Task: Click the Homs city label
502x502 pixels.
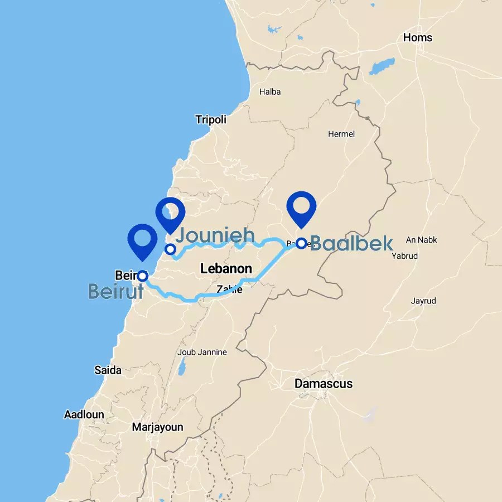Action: tap(418, 38)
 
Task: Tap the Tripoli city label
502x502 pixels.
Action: tap(211, 120)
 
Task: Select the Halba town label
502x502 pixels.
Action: tap(270, 92)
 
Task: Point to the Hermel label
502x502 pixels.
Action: tap(341, 134)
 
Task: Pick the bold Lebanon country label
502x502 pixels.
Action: tap(226, 269)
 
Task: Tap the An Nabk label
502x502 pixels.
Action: tap(422, 240)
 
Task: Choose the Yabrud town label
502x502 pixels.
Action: tap(420, 256)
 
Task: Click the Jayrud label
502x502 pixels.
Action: tap(423, 301)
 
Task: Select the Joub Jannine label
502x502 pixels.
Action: tap(202, 352)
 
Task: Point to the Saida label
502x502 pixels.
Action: tap(108, 370)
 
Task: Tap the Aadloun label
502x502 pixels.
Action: tap(84, 415)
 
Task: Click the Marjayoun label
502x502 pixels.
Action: tap(157, 428)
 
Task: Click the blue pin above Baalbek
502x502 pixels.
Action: tap(301, 207)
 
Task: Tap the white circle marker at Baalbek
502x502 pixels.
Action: tap(301, 243)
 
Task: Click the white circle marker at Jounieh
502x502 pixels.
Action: tap(170, 249)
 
